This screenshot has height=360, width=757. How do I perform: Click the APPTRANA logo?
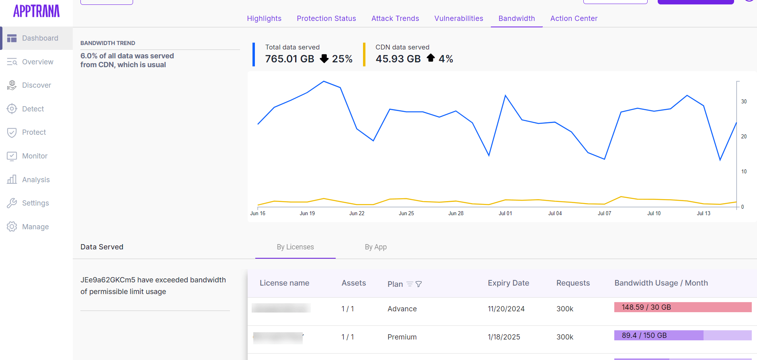point(36,11)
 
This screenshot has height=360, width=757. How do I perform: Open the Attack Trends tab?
point(395,19)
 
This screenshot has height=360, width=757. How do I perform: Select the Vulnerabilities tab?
point(458,19)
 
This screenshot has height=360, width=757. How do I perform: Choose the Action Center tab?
point(573,19)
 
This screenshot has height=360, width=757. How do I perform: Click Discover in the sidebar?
point(36,85)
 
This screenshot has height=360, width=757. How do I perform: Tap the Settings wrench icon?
point(12,203)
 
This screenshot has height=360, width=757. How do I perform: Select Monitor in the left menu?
point(35,156)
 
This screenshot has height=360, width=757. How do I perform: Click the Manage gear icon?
point(12,227)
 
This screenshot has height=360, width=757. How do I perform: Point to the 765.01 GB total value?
point(289,59)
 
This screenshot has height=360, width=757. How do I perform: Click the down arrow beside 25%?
point(324,59)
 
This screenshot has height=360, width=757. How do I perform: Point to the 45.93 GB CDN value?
point(398,59)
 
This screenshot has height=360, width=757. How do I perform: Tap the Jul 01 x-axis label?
point(505,214)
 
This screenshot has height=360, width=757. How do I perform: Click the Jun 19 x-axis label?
point(307,214)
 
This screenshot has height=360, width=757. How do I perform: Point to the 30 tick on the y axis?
point(744,102)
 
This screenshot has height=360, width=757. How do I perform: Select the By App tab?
point(375,247)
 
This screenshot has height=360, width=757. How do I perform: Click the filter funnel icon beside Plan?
point(419,284)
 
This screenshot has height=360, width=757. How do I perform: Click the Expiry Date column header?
point(508,283)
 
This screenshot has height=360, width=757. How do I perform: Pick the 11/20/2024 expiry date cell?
point(506,309)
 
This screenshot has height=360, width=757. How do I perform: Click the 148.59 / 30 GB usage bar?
point(683,307)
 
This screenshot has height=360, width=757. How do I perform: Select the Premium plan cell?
point(402,337)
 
